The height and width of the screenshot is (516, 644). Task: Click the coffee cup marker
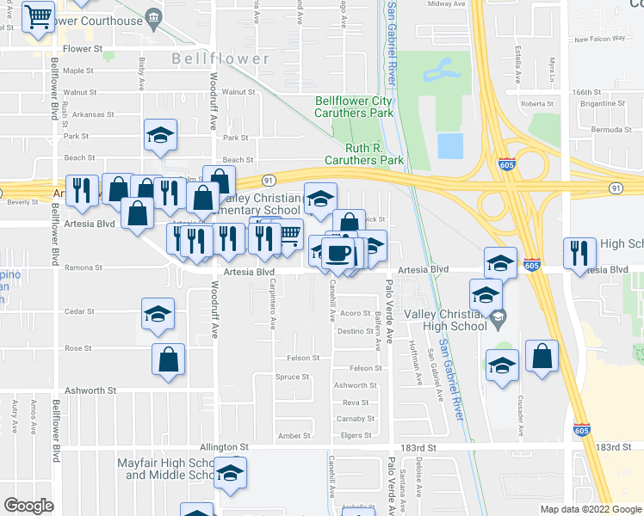(338, 254)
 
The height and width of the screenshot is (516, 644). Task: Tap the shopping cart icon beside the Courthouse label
(39, 17)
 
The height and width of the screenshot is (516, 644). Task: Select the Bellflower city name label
(220, 59)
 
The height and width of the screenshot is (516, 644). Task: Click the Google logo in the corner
(28, 506)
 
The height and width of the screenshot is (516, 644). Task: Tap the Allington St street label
(224, 447)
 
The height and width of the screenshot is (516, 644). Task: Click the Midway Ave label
(446, 4)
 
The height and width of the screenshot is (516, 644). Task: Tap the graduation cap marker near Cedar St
(158, 316)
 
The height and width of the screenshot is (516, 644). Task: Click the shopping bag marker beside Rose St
(169, 361)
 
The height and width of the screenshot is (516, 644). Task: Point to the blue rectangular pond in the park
(450, 146)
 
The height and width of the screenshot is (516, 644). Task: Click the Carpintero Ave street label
(273, 304)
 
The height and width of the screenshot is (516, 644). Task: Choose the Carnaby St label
(354, 419)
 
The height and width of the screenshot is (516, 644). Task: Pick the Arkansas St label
(94, 114)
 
